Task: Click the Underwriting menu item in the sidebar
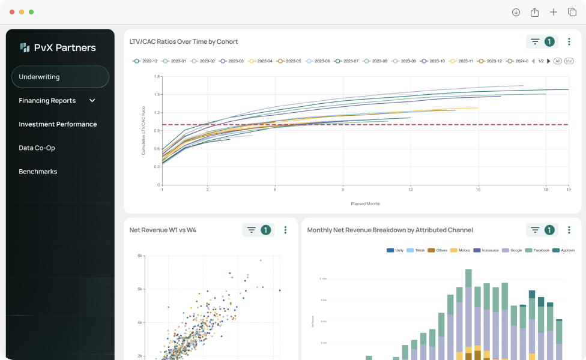pyautogui.click(x=40, y=77)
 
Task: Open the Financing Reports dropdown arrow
pyautogui.click(x=92, y=101)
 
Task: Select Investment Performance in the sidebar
pyautogui.click(x=58, y=124)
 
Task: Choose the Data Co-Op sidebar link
pyautogui.click(x=37, y=148)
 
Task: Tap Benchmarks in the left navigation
pyautogui.click(x=38, y=172)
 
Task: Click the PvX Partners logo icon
pyautogui.click(x=25, y=47)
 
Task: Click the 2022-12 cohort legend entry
pyautogui.click(x=145, y=61)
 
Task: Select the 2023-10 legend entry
pyautogui.click(x=433, y=61)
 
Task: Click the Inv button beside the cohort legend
pyautogui.click(x=569, y=61)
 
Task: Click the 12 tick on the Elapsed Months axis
pyautogui.click(x=411, y=190)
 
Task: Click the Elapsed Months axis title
pyautogui.click(x=365, y=204)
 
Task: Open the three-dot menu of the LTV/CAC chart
pyautogui.click(x=569, y=42)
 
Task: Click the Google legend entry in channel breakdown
pyautogui.click(x=512, y=250)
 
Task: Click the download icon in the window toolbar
pyautogui.click(x=516, y=12)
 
